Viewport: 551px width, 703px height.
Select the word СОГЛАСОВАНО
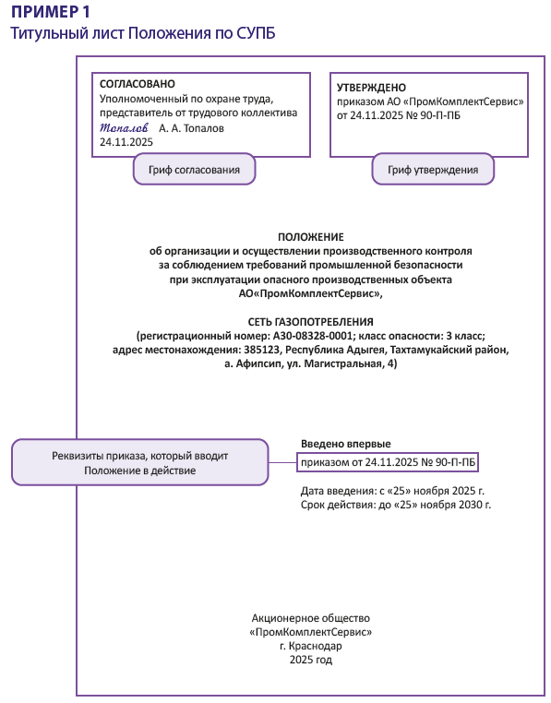(137, 84)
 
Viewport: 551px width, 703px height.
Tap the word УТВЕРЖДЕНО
(371, 87)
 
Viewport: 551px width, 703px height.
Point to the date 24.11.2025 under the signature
(126, 143)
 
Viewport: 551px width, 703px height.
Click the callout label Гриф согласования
(194, 170)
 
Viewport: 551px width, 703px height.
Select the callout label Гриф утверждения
(433, 170)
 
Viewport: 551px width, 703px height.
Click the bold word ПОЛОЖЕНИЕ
(310, 237)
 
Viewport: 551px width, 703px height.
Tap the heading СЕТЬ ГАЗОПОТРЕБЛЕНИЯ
(309, 319)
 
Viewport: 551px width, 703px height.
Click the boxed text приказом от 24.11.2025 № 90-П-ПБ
(389, 461)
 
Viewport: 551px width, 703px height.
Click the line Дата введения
(392, 490)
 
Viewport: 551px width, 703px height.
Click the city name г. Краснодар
(310, 646)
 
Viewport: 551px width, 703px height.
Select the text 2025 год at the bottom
(310, 661)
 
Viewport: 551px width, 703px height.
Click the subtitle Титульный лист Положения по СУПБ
(142, 33)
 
